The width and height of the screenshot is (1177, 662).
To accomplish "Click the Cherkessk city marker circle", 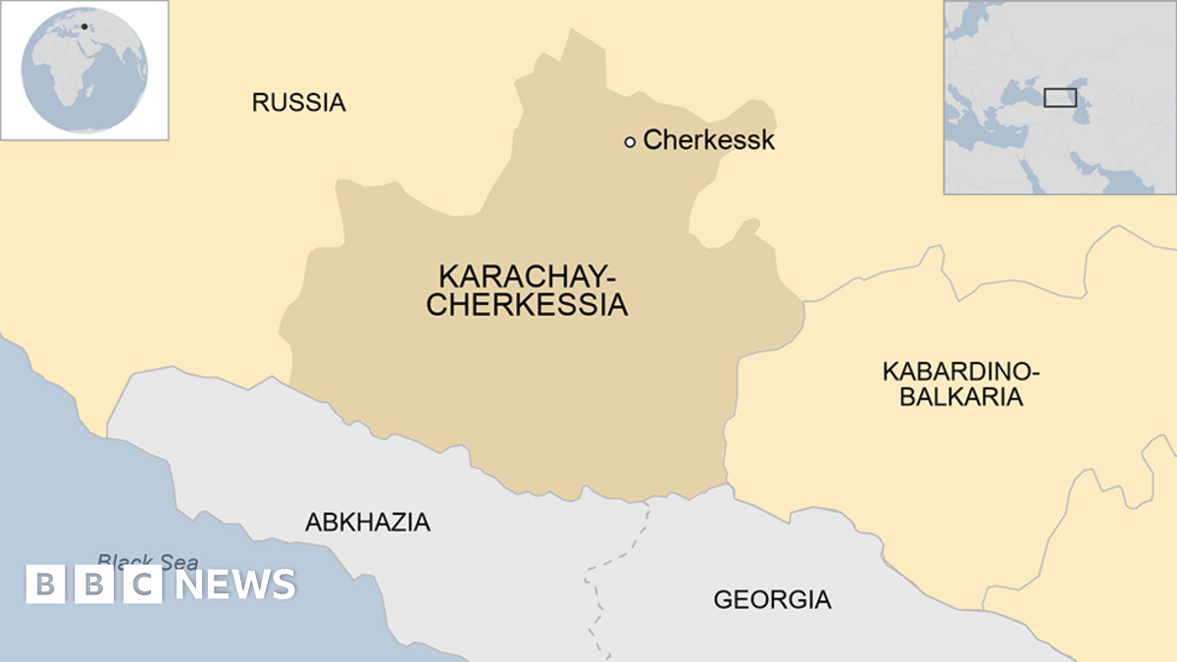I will coord(630,142).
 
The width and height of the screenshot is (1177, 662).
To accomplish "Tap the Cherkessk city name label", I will coord(708,140).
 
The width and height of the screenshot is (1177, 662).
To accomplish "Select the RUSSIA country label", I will coord(298,102).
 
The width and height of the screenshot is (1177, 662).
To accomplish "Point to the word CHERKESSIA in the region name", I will coord(527,305).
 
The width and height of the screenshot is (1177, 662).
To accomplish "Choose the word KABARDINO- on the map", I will coord(960,372).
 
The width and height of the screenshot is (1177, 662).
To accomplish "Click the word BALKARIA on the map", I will coord(961,397).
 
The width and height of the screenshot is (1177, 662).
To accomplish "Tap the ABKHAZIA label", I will coord(367,523).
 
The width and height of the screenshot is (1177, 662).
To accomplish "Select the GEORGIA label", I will coord(772,599).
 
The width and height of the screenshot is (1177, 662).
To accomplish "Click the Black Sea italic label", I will coord(147,562).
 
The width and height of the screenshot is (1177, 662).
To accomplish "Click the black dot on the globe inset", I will coord(84,26).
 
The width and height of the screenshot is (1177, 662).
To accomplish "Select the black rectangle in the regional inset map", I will coord(1059,97).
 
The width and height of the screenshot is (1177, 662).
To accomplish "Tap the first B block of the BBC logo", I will coord(44,585).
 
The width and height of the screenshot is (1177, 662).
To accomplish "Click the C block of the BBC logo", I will coord(142,585).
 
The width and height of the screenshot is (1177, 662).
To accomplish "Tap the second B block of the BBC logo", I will coord(93,585).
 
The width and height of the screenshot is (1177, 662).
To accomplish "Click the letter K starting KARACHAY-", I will coord(447,276).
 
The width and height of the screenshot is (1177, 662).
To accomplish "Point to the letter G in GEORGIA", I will coord(723,599).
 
